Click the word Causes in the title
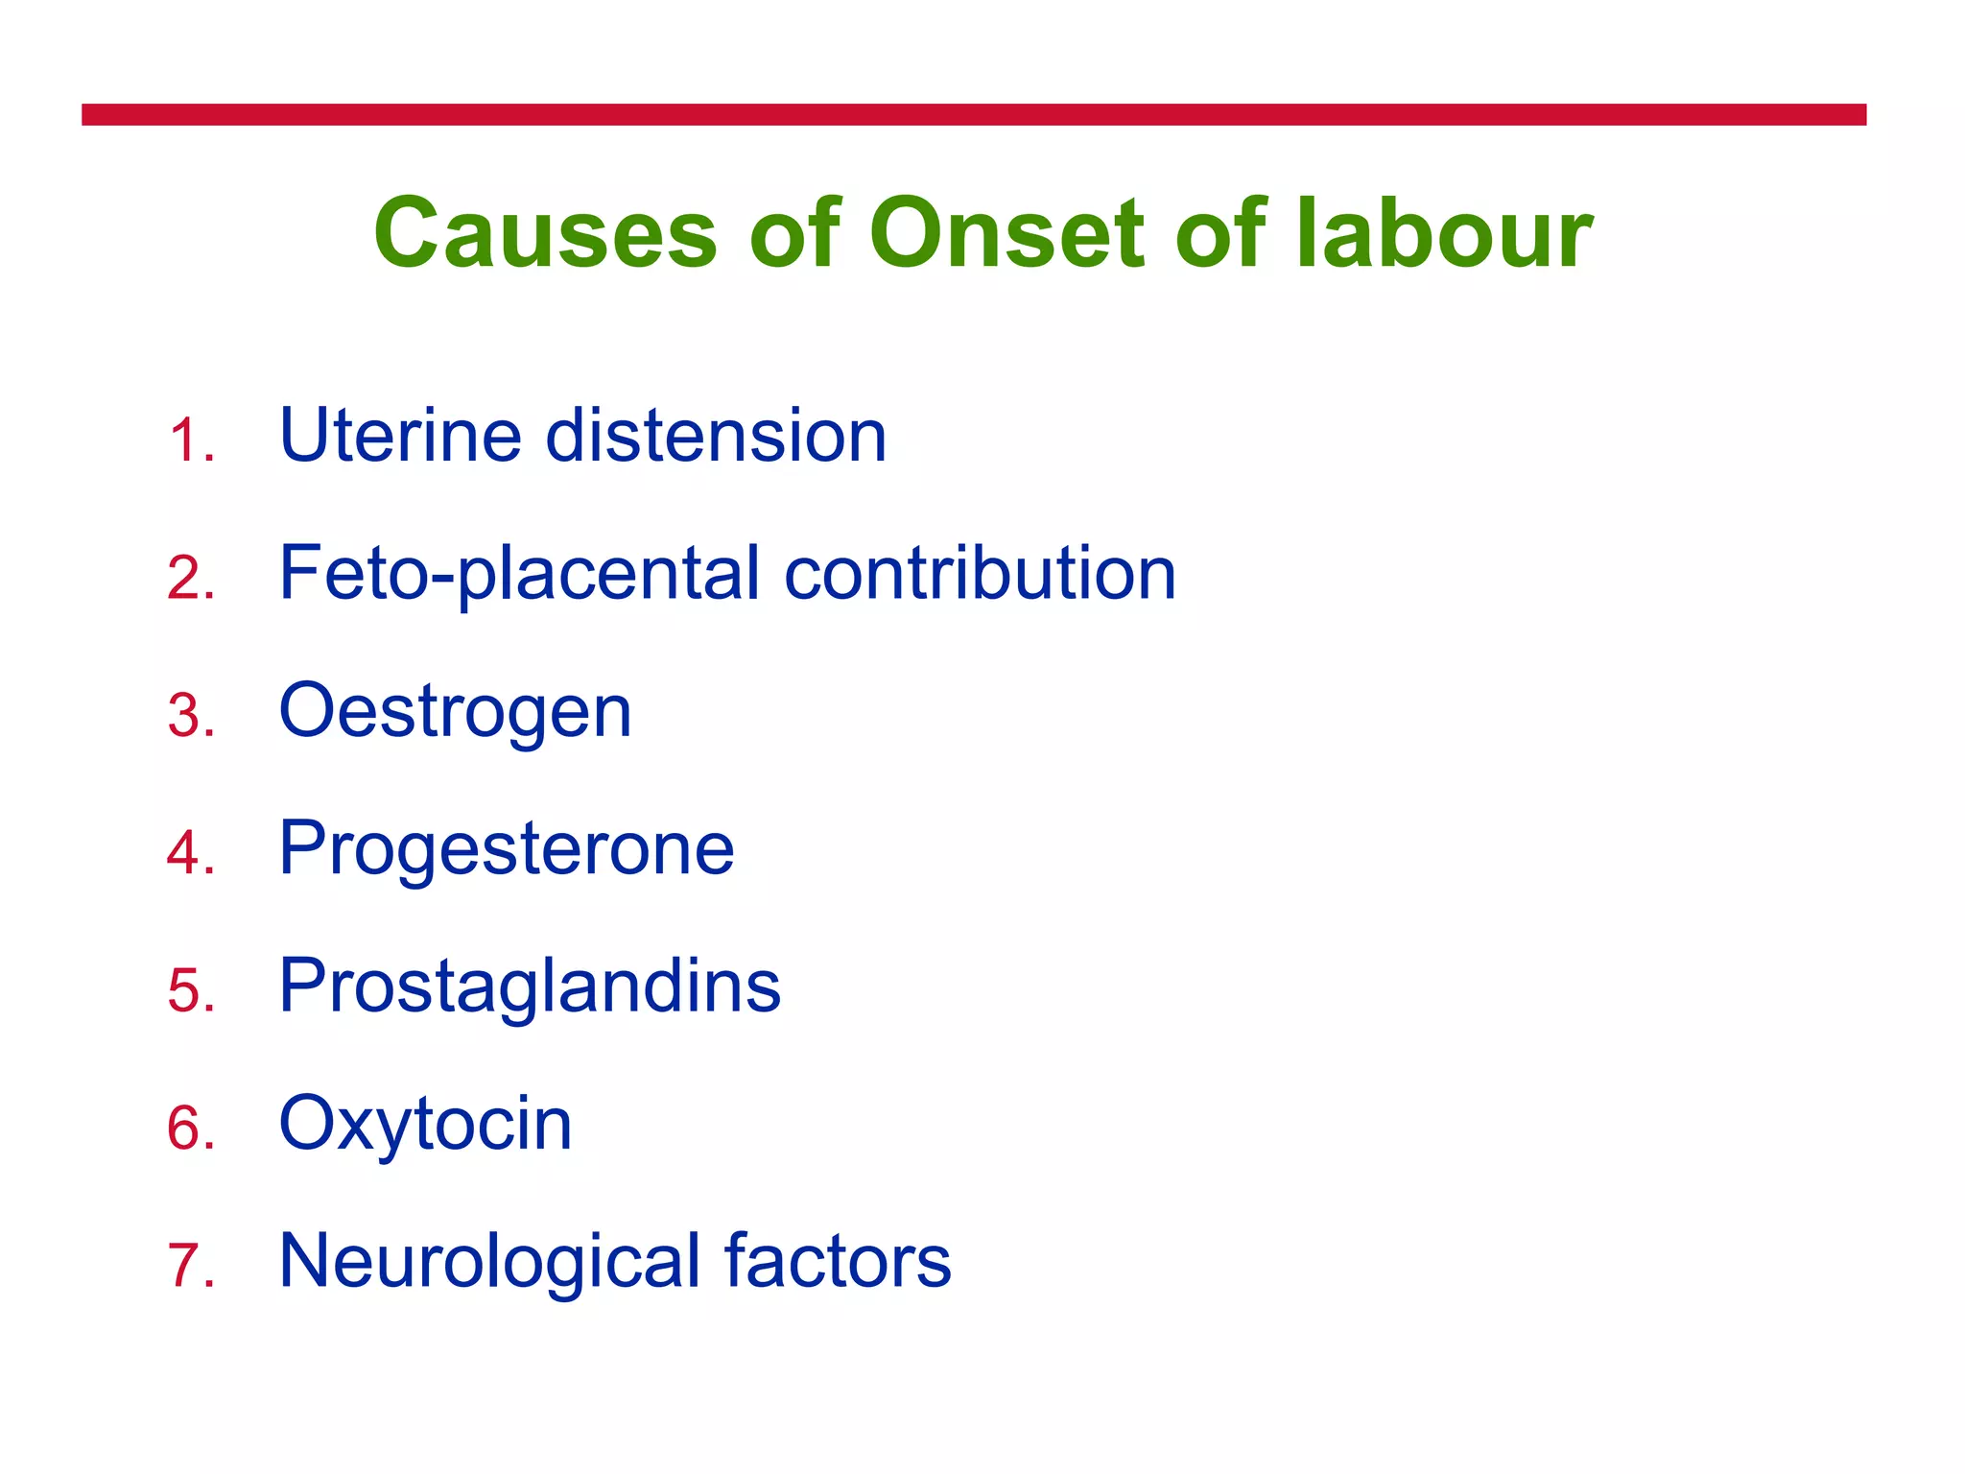pyautogui.click(x=545, y=233)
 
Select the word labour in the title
pyautogui.click(x=1444, y=233)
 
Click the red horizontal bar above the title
pyautogui.click(x=973, y=115)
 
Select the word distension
pyautogui.click(x=716, y=436)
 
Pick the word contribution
pyautogui.click(x=980, y=574)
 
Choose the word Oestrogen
pyautogui.click(x=455, y=712)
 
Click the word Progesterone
pyautogui.click(x=506, y=850)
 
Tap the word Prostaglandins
pyautogui.click(x=530, y=987)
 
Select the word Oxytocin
pyautogui.click(x=425, y=1125)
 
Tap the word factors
pyautogui.click(x=837, y=1260)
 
